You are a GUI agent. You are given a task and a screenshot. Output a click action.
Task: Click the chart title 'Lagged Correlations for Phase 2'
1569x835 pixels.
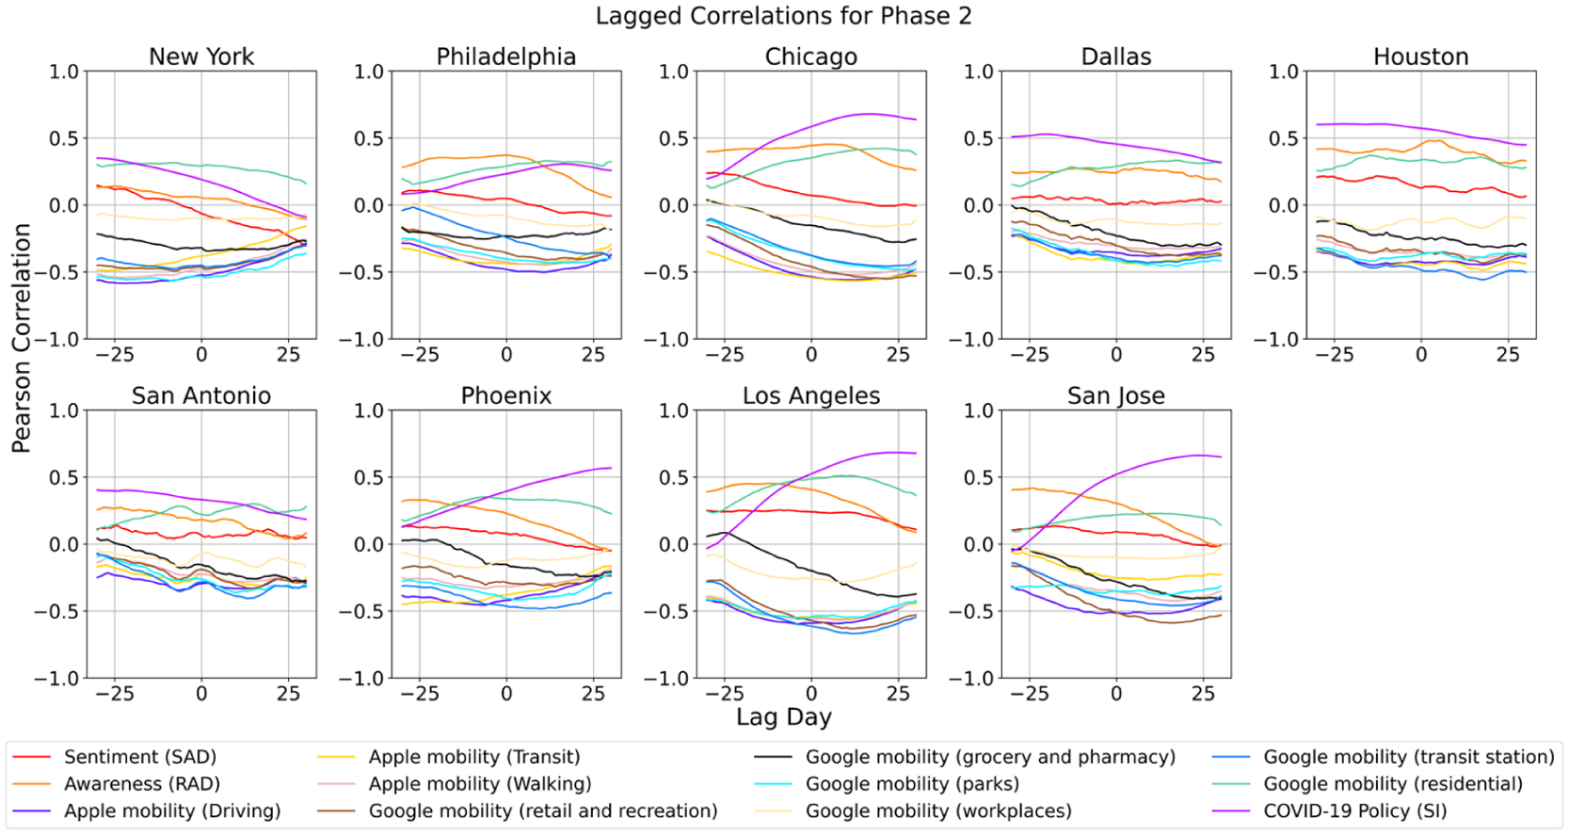[784, 15]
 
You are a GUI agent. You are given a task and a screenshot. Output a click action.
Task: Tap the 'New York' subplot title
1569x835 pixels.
[201, 56]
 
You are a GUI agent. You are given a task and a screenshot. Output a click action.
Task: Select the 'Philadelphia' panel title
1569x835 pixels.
[505, 56]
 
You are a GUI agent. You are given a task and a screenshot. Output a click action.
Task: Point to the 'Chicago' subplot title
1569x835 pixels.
[811, 56]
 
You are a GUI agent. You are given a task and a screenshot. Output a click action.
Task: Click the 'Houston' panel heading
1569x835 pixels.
[1420, 56]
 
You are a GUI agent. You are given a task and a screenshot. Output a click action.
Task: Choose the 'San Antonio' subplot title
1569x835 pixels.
[201, 395]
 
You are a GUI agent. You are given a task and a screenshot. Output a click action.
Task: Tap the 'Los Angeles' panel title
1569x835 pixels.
[811, 395]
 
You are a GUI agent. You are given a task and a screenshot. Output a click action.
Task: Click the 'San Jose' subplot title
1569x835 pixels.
[1116, 395]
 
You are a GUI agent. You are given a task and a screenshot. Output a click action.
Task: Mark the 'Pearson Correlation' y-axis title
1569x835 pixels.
[21, 338]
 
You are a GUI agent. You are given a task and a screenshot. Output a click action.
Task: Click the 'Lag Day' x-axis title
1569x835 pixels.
[784, 716]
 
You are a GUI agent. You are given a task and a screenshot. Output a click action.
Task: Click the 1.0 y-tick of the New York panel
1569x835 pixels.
[64, 72]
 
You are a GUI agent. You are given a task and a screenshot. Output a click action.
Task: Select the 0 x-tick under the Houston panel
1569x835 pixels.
[1421, 355]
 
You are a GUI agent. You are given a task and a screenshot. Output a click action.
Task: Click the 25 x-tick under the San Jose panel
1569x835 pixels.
[1204, 694]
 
